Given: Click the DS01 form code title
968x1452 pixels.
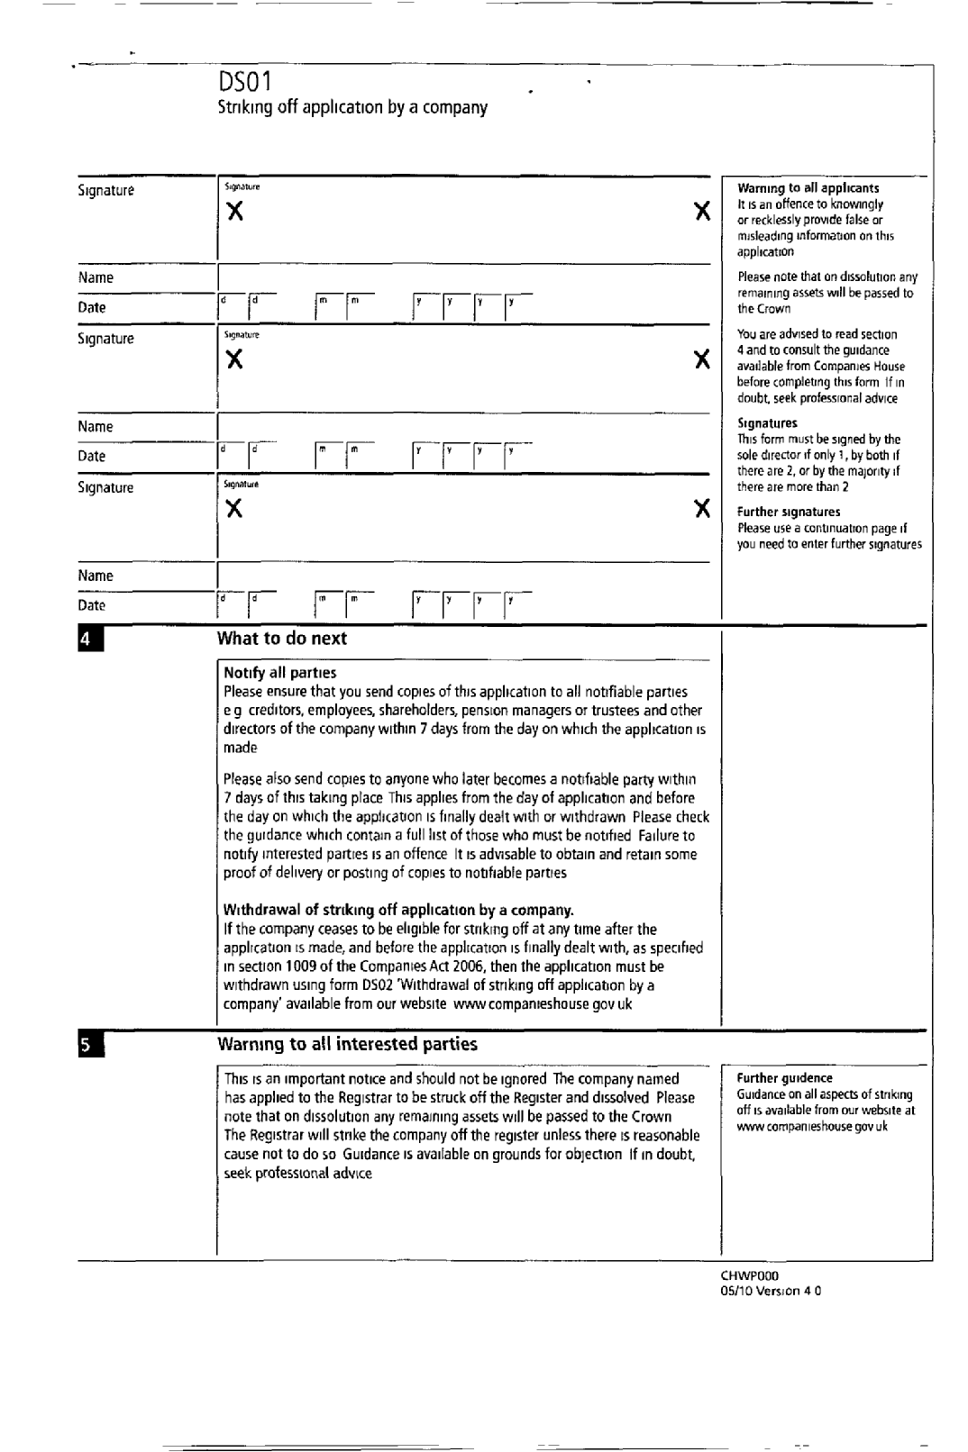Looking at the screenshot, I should click(244, 83).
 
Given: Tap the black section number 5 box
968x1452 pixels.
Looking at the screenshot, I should click(87, 1045).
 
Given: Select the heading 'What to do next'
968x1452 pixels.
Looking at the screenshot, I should click(282, 639).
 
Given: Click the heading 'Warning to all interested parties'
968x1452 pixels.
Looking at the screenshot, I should click(347, 1044).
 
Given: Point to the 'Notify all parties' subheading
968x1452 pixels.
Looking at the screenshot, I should click(279, 673).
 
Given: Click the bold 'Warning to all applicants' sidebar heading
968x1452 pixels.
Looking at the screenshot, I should click(808, 188).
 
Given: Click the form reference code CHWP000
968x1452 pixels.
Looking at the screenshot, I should click(749, 1275).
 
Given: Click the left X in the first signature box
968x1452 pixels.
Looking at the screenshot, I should click(234, 212).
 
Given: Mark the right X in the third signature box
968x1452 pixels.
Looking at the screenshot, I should click(702, 509).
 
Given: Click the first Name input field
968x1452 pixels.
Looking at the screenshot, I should click(463, 277).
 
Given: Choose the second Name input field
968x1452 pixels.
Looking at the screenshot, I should click(463, 426).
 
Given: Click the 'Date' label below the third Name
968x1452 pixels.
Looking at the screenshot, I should click(91, 605).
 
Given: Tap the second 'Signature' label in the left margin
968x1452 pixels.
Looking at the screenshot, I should click(105, 339).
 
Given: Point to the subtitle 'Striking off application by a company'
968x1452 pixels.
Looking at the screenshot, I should click(352, 108).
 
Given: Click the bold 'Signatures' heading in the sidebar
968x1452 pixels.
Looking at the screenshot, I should click(767, 423).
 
